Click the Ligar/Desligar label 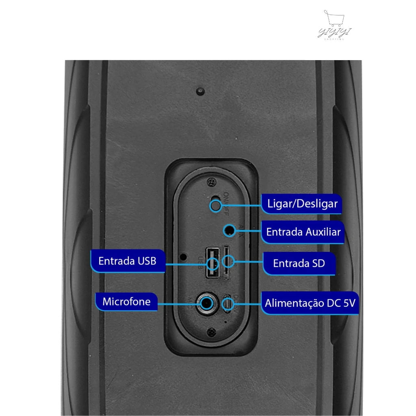coord(302,203)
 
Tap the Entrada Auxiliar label coord(303,232)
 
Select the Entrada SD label coord(299,263)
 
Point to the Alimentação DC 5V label coord(310,303)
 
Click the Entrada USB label coord(127,260)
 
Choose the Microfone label coord(126,301)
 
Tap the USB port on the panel coord(212,263)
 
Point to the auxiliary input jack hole coord(230,230)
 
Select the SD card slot coord(227,263)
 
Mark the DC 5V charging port coord(228,303)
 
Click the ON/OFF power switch coord(215,204)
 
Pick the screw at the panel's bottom coord(210,332)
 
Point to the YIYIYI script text coord(335,32)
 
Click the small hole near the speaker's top coord(199,91)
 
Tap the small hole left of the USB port coord(184,257)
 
